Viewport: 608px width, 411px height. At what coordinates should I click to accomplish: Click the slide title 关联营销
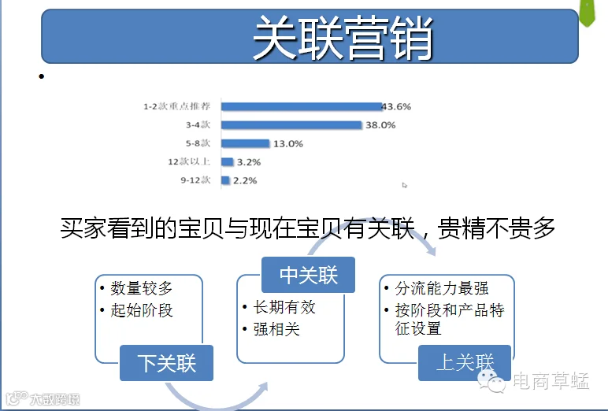click(343, 38)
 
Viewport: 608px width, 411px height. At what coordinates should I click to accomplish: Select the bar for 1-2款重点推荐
click(302, 106)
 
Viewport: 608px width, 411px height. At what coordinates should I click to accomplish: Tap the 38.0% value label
click(380, 125)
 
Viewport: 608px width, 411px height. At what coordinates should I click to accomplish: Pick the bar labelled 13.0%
click(246, 143)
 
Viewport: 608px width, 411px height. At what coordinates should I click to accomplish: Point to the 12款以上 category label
click(189, 161)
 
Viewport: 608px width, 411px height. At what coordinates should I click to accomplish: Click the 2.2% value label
click(245, 180)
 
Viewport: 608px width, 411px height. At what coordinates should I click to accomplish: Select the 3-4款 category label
click(198, 124)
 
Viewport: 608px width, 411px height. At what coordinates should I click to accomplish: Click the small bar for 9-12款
click(226, 180)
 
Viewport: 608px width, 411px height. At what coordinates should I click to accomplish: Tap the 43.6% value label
click(396, 106)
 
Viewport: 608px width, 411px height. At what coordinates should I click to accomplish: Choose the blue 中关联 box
click(308, 275)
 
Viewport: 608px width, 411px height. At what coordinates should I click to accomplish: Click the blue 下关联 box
click(166, 363)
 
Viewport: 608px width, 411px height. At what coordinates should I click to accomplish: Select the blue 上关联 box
click(465, 363)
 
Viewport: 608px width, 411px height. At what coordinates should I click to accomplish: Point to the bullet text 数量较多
click(142, 288)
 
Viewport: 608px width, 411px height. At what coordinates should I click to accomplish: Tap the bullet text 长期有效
click(284, 307)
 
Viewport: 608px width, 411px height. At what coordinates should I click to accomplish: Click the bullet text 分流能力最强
click(442, 288)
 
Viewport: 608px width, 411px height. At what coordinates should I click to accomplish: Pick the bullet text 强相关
click(276, 329)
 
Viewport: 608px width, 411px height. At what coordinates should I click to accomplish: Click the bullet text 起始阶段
click(142, 310)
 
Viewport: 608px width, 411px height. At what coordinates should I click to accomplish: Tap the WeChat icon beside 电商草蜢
click(491, 381)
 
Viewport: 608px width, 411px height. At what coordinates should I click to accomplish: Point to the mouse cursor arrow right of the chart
click(405, 185)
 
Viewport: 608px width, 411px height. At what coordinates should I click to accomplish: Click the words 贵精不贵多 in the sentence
click(496, 228)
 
